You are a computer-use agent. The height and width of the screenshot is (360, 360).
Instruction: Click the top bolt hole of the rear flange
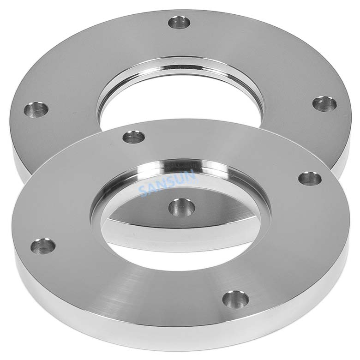[x=179, y=22]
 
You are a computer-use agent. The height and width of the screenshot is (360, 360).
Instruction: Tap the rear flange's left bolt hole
[x=36, y=110]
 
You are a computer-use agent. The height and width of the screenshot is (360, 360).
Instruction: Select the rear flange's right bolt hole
[x=324, y=103]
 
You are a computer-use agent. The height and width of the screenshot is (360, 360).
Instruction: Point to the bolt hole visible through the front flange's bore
[x=181, y=207]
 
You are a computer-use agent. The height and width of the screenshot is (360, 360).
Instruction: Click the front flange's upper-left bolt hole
[x=134, y=137]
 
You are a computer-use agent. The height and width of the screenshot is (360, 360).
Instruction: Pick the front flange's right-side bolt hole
[x=310, y=179]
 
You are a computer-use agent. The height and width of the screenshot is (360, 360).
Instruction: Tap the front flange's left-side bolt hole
[x=43, y=246]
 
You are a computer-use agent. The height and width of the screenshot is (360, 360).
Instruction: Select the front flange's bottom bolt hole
[x=235, y=299]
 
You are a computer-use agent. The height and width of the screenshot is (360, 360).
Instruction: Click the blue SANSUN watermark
[x=169, y=183]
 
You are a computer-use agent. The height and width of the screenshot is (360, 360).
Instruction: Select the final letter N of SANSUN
[x=192, y=174]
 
